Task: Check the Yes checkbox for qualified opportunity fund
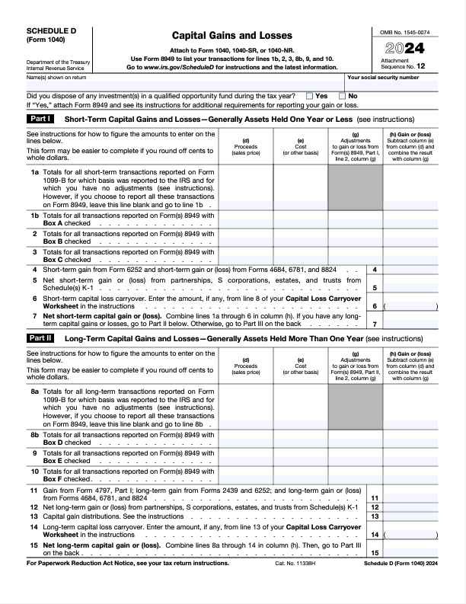[x=309, y=96]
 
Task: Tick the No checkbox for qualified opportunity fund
[x=342, y=96]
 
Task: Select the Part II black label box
[x=40, y=337]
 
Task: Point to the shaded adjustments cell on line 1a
[x=355, y=187]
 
